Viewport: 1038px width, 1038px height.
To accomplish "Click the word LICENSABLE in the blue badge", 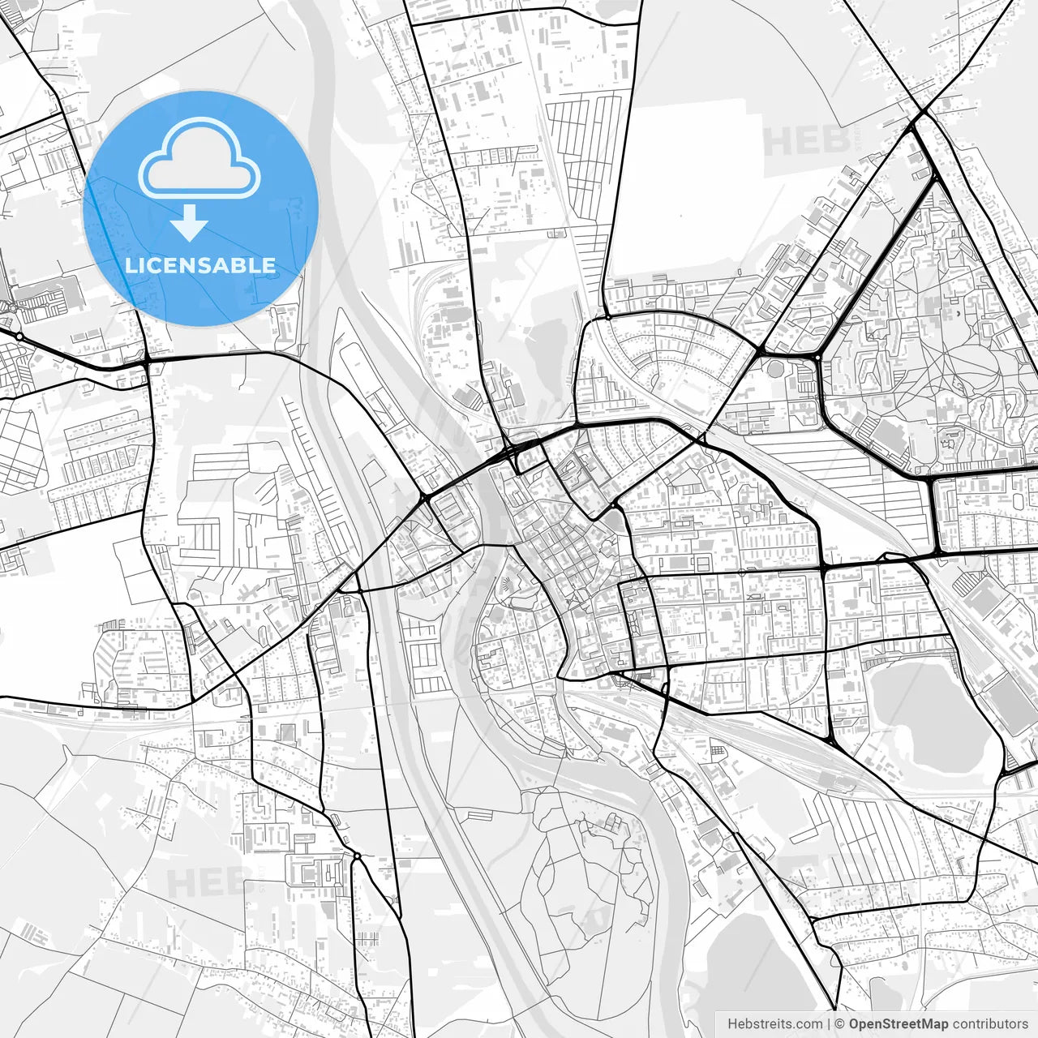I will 200,265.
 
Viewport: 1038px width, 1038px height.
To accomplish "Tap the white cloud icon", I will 199,159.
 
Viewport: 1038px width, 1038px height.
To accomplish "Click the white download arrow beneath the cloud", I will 190,222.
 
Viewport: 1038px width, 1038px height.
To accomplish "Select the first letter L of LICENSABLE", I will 130,265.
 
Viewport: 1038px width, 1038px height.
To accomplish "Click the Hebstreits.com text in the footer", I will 774,1024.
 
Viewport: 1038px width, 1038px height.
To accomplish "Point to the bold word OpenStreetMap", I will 899,1024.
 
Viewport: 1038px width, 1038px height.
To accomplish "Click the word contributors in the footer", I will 989,1024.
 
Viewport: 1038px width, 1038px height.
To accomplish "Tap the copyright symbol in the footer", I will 840,1024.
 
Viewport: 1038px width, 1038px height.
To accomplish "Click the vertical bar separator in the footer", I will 829,1024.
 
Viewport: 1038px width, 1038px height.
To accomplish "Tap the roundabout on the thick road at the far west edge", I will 19,334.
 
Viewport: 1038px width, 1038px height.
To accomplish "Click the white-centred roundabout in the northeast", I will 817,357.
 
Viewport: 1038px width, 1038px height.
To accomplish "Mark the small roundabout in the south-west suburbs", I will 356,856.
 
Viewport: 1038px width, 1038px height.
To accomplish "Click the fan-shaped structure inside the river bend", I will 506,585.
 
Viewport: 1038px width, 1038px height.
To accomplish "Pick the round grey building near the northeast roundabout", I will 775,370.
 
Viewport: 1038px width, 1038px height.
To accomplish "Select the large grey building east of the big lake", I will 1006,697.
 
